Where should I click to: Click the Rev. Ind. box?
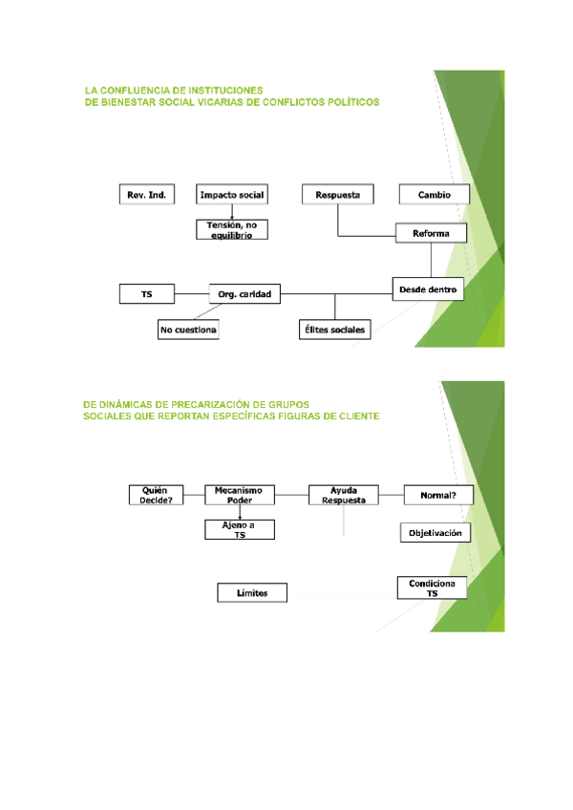point(147,195)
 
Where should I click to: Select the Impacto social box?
point(232,195)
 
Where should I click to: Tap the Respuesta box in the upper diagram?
point(338,195)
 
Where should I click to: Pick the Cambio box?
point(434,195)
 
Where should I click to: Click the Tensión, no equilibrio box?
point(232,228)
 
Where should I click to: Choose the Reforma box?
point(431,233)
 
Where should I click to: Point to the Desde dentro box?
point(428,288)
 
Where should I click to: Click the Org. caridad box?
point(245,295)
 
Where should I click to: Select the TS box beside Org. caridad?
point(147,295)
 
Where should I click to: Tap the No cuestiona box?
point(189,330)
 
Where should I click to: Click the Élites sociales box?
point(333,330)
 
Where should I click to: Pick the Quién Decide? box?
point(157,494)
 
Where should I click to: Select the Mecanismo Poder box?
point(240,494)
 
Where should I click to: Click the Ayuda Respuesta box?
point(343,494)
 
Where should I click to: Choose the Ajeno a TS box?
point(240,530)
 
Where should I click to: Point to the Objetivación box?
point(435,533)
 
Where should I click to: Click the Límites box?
point(253,593)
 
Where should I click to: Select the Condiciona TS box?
point(432,587)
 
